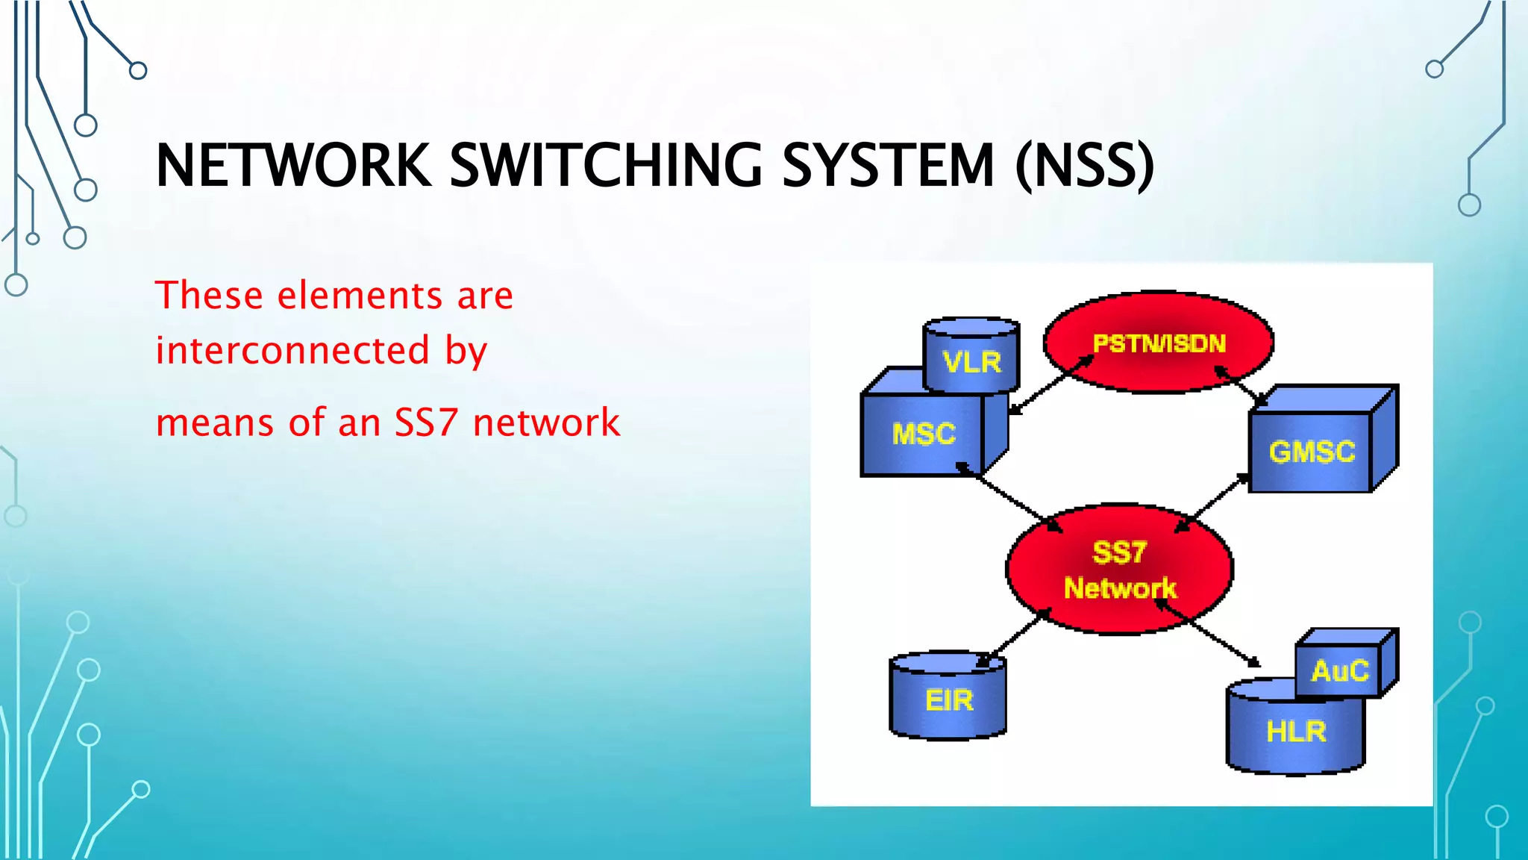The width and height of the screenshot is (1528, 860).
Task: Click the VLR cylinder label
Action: (971, 362)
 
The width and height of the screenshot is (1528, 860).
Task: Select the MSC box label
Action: (924, 434)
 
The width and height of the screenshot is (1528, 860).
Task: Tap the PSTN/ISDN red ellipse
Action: (1159, 343)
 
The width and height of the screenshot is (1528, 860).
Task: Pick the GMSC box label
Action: (1312, 452)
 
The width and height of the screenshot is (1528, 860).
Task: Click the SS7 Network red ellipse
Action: (1119, 570)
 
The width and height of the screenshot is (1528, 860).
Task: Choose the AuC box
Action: (1340, 670)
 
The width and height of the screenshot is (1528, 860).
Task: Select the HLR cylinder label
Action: (1296, 732)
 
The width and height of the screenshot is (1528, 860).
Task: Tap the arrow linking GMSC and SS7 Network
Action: (1212, 502)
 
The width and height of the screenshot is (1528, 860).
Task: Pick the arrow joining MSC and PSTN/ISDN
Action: (1050, 384)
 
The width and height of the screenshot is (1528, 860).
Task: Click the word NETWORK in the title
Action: (293, 165)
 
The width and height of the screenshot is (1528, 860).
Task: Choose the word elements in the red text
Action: (360, 295)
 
